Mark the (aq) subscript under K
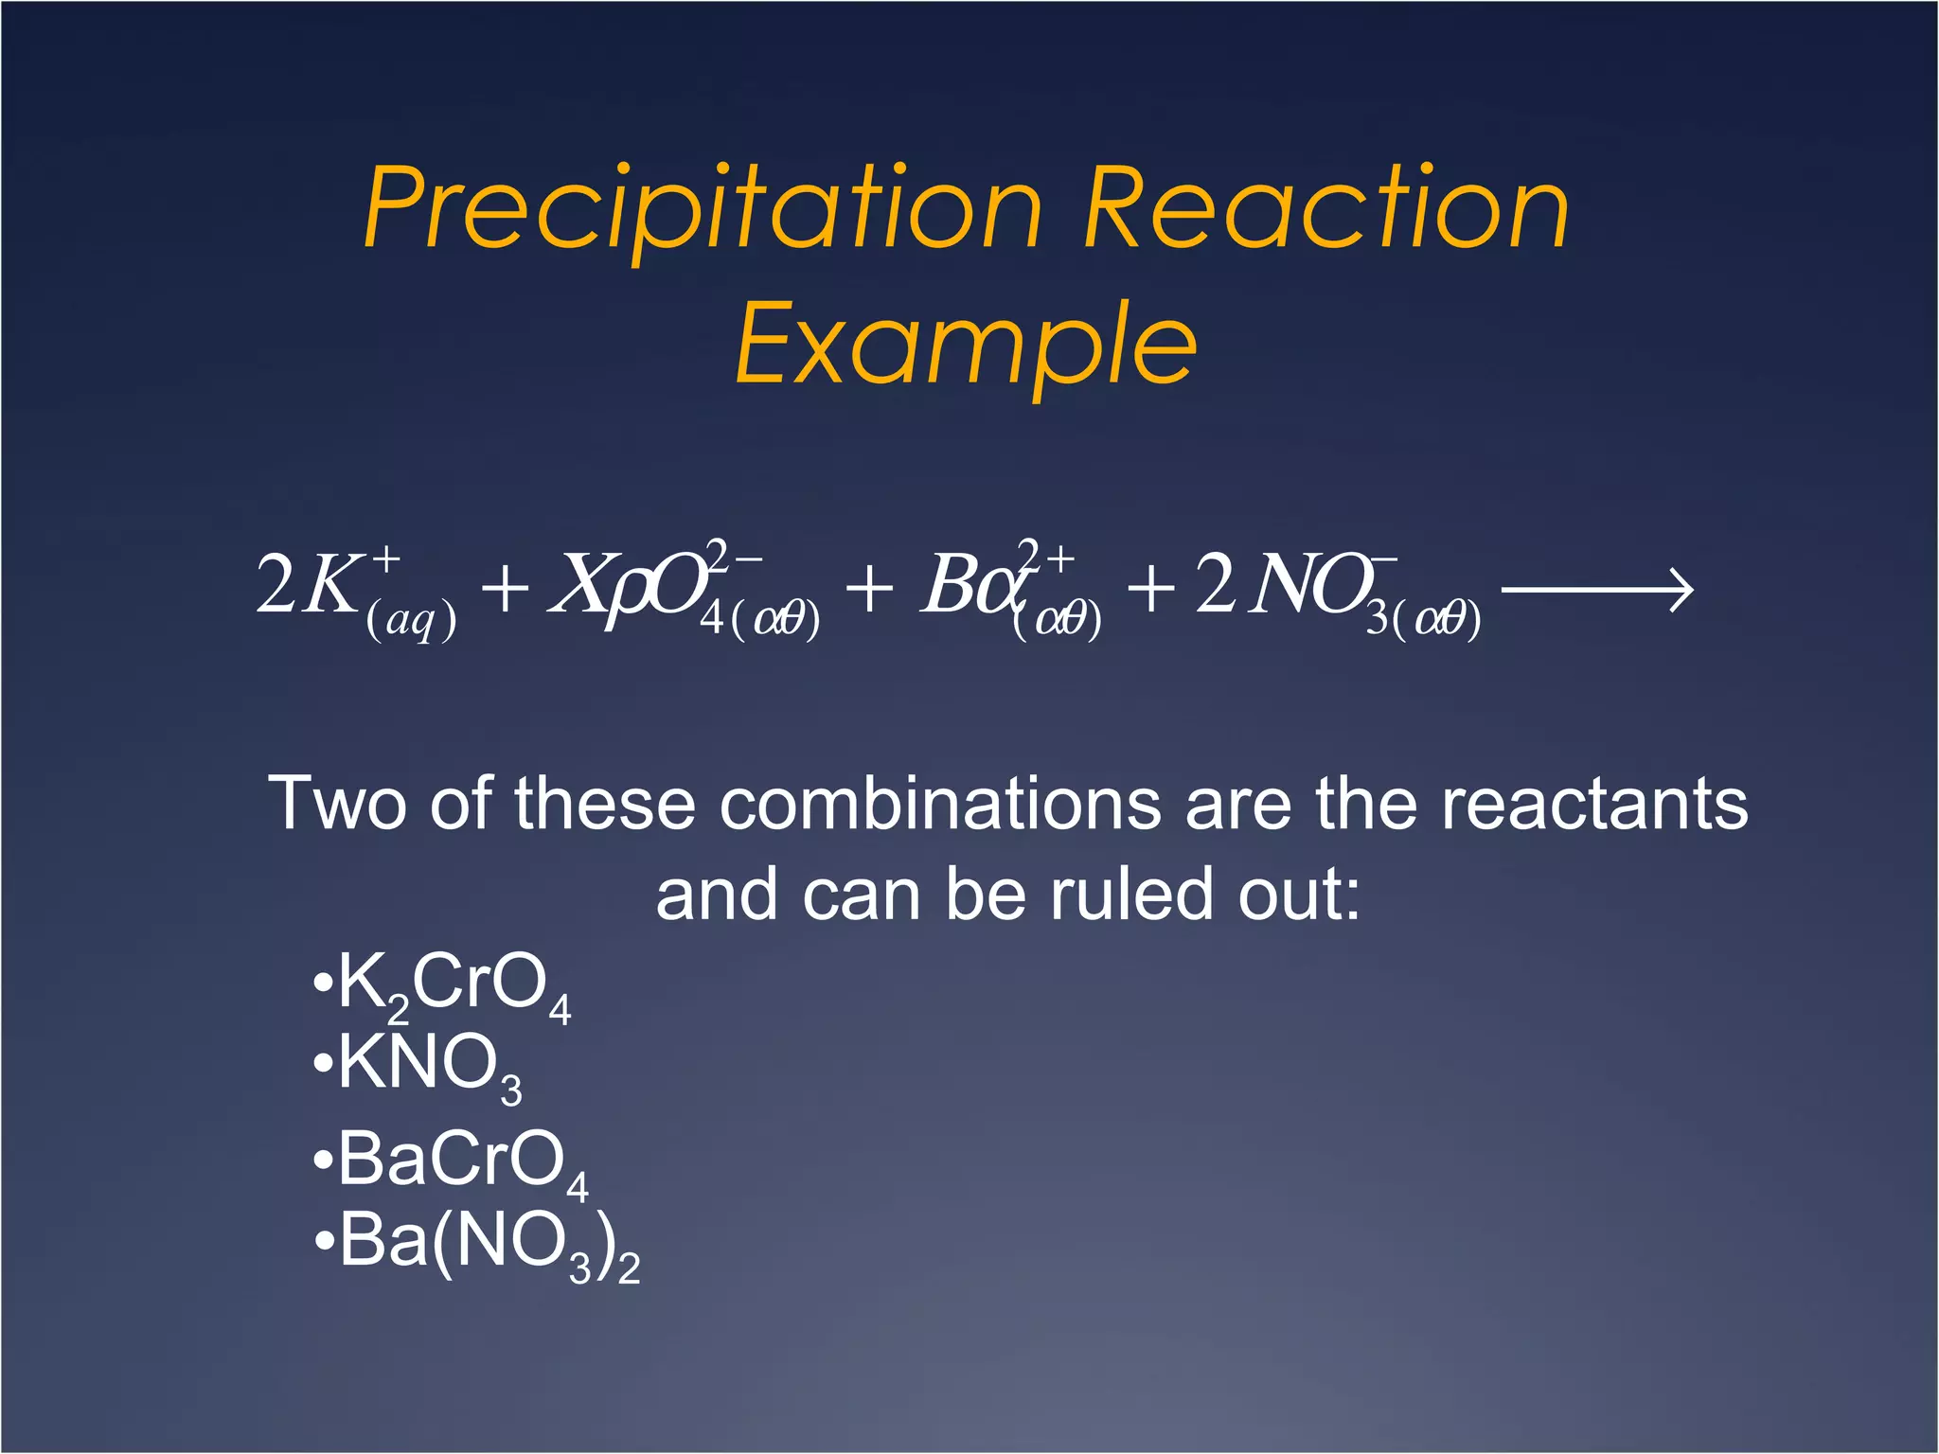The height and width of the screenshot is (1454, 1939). pos(411,622)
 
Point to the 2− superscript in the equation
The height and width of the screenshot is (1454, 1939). pos(735,556)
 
